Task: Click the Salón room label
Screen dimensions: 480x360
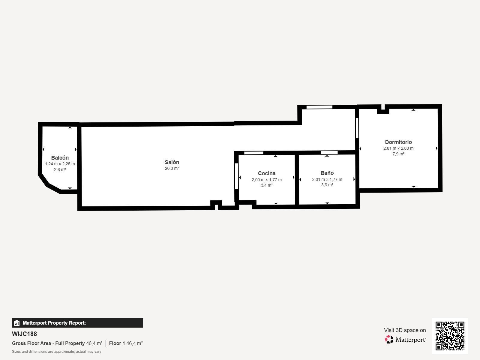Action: point(172,162)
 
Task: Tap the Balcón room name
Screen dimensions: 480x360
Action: point(60,157)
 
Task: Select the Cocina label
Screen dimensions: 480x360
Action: point(267,173)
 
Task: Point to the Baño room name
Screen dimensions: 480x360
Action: point(327,173)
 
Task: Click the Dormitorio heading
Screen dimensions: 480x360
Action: point(398,142)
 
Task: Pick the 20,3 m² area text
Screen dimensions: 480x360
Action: point(172,168)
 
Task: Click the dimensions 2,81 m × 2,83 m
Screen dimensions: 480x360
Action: point(398,148)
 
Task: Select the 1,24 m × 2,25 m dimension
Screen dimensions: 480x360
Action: point(60,164)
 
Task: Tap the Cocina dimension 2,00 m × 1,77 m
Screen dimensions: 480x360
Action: point(267,180)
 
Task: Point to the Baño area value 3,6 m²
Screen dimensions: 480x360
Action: point(327,185)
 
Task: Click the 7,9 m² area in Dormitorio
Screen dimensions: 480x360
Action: point(398,154)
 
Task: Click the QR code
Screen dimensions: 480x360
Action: point(450,336)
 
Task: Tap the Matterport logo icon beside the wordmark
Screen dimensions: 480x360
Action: point(389,340)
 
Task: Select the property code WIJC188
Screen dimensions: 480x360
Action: point(25,334)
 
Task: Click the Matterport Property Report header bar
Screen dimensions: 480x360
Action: point(77,323)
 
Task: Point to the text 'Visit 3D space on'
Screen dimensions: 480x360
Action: point(405,330)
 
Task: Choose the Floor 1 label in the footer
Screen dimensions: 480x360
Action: point(117,343)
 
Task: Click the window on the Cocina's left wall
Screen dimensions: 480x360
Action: point(236,176)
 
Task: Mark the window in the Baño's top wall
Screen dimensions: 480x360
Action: point(329,153)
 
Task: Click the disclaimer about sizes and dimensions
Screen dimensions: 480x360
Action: point(57,352)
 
